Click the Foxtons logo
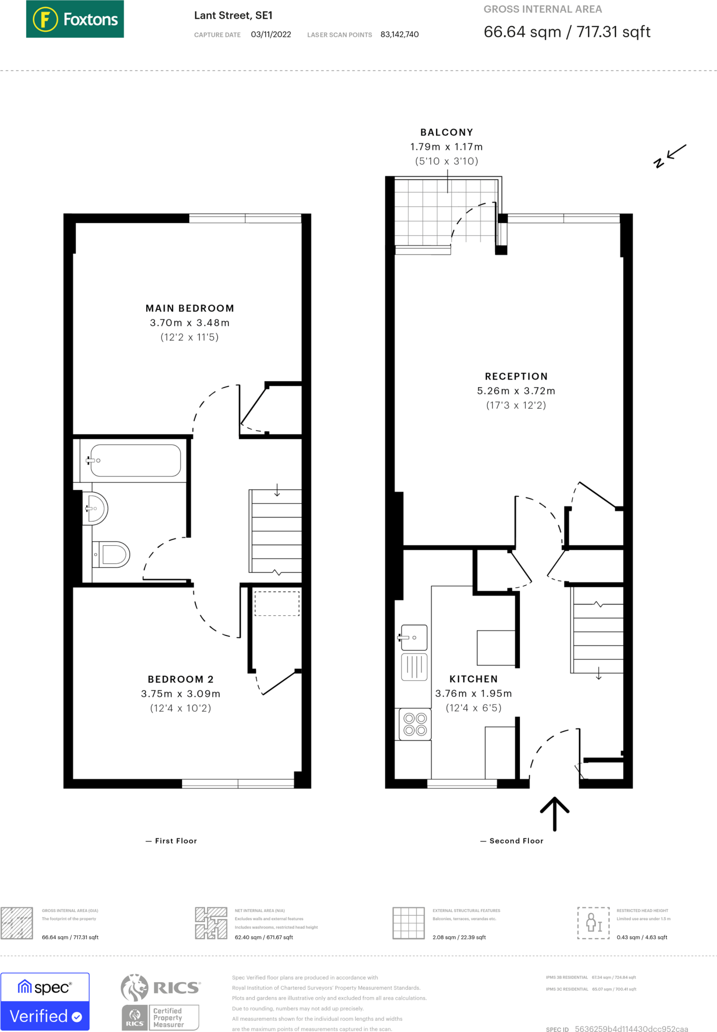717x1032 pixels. [x=75, y=19]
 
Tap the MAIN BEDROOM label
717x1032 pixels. [x=190, y=308]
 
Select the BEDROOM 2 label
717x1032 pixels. [x=181, y=679]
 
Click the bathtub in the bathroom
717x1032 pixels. [x=135, y=460]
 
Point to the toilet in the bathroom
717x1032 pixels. [x=112, y=555]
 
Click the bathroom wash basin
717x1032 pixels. [x=95, y=508]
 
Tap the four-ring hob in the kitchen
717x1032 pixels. [x=415, y=724]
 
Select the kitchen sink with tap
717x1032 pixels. [x=414, y=637]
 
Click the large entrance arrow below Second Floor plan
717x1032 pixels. [x=555, y=813]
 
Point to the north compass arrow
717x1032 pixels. [x=671, y=155]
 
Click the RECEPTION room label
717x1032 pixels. [x=516, y=376]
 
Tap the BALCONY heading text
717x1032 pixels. [x=447, y=133]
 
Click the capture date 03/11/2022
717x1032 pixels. [x=271, y=35]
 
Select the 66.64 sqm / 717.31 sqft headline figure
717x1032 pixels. [x=567, y=32]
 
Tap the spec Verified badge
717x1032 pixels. [x=45, y=1002]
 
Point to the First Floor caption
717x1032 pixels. [x=175, y=841]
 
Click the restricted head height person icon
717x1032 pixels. [x=593, y=923]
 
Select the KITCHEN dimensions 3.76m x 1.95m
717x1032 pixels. [x=473, y=694]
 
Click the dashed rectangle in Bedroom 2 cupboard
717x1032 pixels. [x=277, y=603]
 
